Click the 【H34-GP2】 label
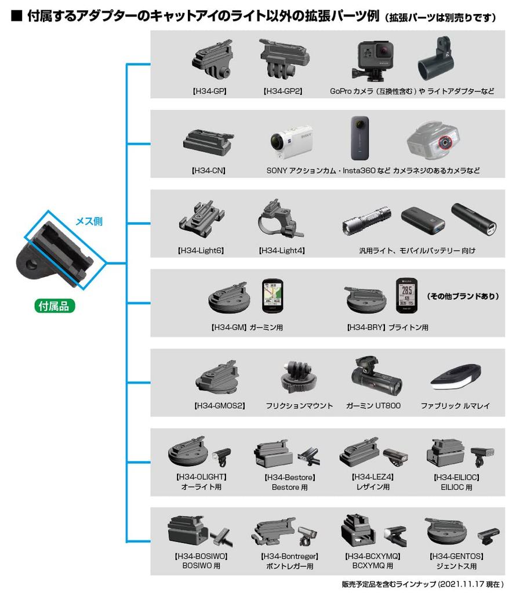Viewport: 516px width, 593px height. (x=282, y=91)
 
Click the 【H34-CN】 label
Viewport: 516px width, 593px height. (x=208, y=171)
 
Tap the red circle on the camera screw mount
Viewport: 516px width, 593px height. (x=445, y=141)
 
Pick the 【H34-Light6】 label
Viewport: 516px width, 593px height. (x=201, y=250)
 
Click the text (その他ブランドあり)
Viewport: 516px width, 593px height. (x=463, y=296)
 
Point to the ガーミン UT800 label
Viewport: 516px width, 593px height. (x=373, y=405)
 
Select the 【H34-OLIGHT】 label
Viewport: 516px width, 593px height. (x=201, y=477)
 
